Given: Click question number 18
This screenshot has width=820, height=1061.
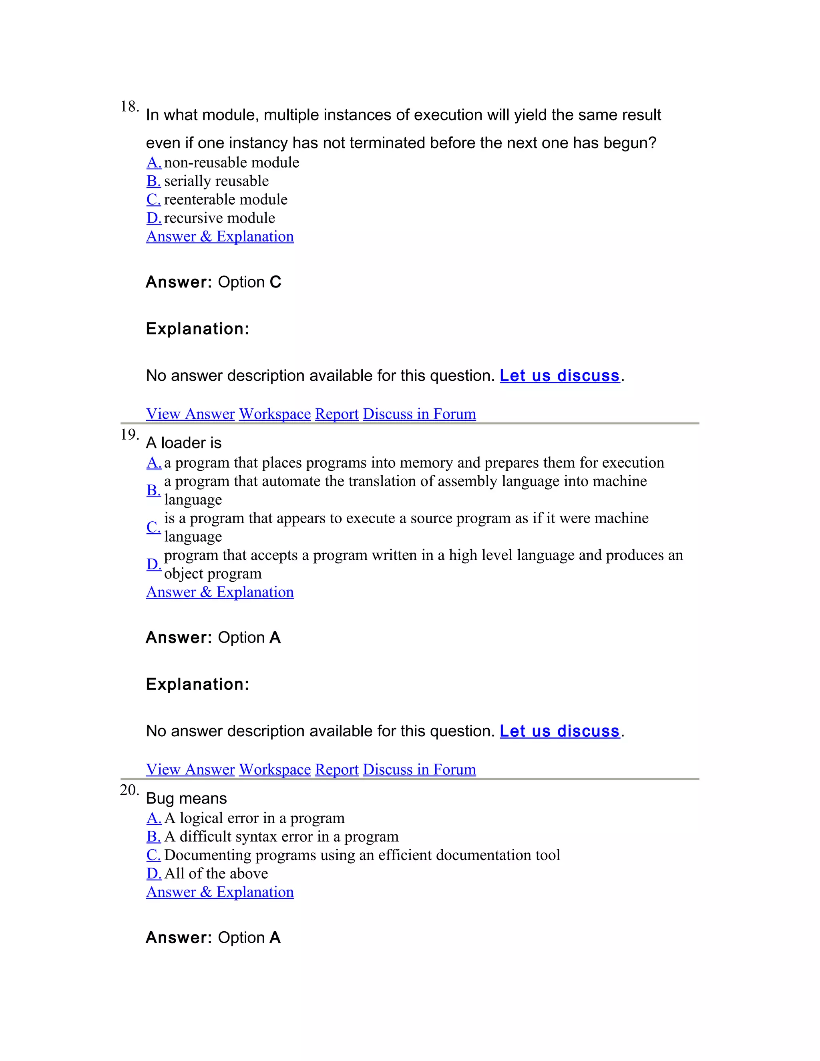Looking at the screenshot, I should point(129,107).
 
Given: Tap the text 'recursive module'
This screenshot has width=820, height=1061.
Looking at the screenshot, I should point(219,218).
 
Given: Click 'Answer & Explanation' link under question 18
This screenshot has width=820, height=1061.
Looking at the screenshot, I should point(219,237).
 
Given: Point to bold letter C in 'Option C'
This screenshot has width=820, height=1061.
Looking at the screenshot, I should point(275,282).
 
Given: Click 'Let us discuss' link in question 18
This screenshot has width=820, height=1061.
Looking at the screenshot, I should point(560,376).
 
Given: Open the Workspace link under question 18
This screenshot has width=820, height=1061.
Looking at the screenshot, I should point(274,414).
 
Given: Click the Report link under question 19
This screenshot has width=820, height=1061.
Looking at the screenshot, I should point(337,770).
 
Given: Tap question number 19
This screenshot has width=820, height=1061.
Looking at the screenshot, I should point(129,434).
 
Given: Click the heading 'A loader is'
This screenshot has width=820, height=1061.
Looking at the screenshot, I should point(184,443).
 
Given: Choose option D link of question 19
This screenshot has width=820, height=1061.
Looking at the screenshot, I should point(153,564).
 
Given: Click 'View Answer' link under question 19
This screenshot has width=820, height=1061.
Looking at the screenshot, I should point(191,770).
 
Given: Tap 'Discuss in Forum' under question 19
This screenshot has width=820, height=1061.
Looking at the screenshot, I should point(419,770).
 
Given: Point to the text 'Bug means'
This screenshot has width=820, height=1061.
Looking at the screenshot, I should point(187,799).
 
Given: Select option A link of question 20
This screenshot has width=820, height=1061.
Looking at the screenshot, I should point(153,818).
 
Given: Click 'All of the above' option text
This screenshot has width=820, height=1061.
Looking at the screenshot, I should point(216,874).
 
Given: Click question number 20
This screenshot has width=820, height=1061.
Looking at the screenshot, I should point(129,790).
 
